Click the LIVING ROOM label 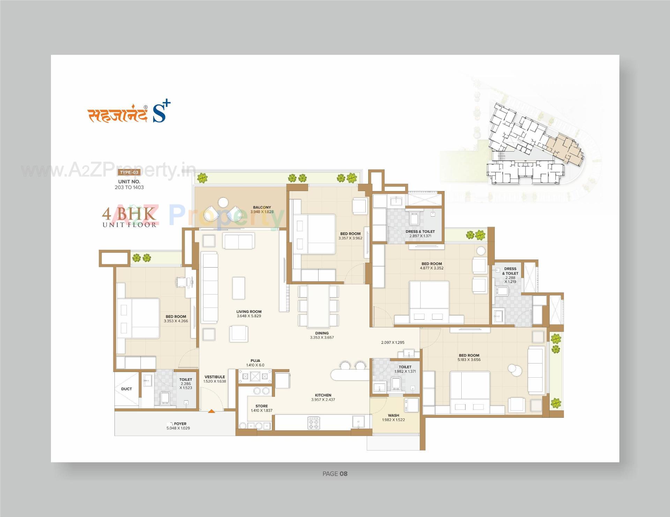(248, 312)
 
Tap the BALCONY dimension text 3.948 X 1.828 (262, 212)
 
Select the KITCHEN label (323, 395)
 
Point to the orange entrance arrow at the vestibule (211, 411)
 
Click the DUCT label (126, 389)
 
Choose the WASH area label (393, 415)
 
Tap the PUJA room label (255, 361)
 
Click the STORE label (261, 406)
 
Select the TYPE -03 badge (129, 172)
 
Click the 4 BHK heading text (129, 213)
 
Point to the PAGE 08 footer (335, 474)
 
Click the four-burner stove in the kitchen (313, 423)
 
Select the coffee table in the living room (239, 288)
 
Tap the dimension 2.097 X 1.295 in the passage (393, 342)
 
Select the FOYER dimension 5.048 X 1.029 (178, 428)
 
